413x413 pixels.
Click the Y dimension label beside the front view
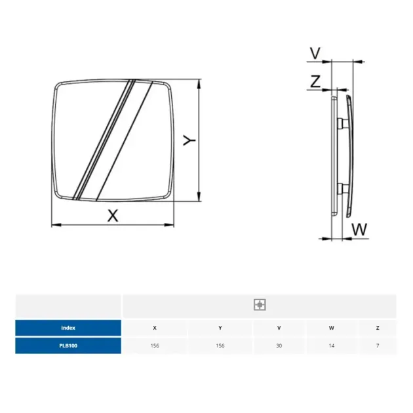189,141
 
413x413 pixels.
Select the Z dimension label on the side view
315,82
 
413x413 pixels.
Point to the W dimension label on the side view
359,230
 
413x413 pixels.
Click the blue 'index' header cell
68,328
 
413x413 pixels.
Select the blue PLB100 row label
68,345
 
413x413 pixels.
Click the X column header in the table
155,328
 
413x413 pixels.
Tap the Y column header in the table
220,328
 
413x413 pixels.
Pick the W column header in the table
331,328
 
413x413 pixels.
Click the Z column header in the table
377,328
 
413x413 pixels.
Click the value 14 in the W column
331,345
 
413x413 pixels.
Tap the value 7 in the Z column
377,345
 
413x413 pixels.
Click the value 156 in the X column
155,345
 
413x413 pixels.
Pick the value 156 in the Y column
220,345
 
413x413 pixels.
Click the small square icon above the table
260,305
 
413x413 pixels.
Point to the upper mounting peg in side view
340,123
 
